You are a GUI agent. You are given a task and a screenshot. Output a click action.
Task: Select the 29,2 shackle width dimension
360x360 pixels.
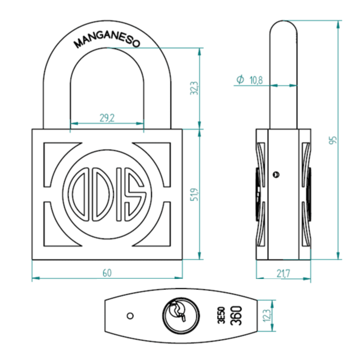[x=107, y=118]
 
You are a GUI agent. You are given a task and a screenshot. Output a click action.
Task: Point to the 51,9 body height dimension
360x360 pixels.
[x=195, y=194]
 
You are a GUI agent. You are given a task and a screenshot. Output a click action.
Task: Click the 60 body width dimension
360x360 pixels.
[x=107, y=273]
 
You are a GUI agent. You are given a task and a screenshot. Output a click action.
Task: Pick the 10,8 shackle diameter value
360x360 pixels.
[x=256, y=80]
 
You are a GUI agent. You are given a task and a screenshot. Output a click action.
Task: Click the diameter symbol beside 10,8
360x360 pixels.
[x=240, y=79]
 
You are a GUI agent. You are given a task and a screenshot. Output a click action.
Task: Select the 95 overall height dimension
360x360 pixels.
[x=333, y=140]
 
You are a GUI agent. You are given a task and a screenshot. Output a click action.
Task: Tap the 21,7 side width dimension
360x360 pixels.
[x=283, y=273]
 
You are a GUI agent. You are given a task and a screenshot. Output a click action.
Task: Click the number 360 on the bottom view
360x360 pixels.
[x=236, y=316]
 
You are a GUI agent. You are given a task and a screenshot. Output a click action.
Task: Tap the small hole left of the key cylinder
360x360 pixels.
[x=130, y=316]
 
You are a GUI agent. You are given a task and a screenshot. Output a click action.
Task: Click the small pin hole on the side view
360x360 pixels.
[x=276, y=174]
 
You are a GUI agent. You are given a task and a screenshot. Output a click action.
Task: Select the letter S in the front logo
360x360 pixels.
[x=135, y=194]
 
